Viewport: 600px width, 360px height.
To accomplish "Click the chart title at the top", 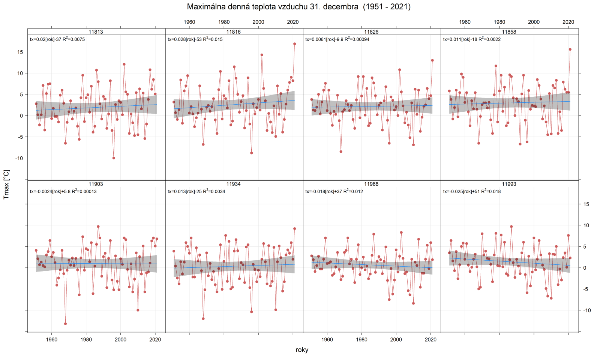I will coord(298,7).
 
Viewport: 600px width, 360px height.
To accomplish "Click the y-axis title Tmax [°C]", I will coord(6,184).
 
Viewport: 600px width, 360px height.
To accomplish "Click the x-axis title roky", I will coord(302,350).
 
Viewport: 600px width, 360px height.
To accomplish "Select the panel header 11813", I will coord(96,32).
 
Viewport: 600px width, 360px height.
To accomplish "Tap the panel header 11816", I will coord(234,32).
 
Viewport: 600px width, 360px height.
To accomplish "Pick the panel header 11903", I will coord(96,184).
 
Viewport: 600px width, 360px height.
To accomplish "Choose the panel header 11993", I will coord(509,184).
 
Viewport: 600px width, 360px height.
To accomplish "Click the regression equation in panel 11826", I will coord(337,39).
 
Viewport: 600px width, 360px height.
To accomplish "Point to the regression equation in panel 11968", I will coord(334,192).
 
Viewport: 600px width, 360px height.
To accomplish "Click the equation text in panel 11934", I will coord(196,192).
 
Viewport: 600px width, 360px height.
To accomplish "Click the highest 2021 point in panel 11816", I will coord(294,44).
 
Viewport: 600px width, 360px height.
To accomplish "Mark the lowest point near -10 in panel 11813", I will coord(114,158).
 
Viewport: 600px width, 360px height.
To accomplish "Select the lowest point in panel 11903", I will coord(65,324).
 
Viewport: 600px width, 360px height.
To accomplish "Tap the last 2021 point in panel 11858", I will coord(570,49).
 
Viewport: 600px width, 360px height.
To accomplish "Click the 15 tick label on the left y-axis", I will coord(20,52).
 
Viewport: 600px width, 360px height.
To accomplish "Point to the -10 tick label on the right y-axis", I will coord(586,310).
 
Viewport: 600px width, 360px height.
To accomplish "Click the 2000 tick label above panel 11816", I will coord(258,22).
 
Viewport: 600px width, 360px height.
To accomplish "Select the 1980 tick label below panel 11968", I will coord(361,340).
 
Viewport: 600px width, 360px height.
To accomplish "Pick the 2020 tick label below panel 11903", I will coord(155,340).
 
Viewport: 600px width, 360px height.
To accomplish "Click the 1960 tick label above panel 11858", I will coord(465,22).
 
